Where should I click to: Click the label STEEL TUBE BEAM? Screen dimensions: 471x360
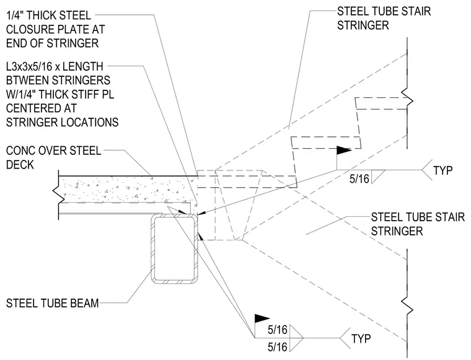[x=52, y=303]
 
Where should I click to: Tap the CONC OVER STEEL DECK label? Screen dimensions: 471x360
[x=53, y=157]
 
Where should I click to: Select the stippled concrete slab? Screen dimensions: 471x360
[x=126, y=189]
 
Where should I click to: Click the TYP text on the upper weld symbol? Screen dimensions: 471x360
[x=442, y=170]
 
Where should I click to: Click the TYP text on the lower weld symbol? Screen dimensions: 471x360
[x=361, y=339]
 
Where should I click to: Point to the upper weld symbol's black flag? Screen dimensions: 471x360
[x=343, y=150]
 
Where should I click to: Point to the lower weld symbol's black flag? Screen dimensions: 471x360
[x=262, y=318]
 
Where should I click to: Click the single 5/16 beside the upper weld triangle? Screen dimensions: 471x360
[x=359, y=179]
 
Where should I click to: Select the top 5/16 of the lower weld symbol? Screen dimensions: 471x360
[x=278, y=330]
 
